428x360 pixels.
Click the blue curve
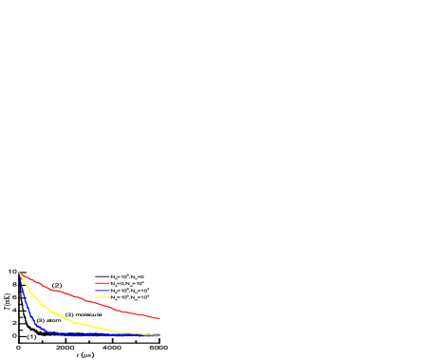point(76,335)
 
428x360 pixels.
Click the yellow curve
point(66,317)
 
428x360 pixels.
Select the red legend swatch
point(102,283)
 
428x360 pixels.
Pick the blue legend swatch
point(102,290)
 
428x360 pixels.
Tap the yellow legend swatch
point(102,297)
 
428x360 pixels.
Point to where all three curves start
point(20,274)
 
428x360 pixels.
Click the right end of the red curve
point(159,318)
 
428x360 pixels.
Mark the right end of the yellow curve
point(159,335)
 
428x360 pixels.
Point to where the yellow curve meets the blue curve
point(133,334)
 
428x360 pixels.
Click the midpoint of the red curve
point(89,300)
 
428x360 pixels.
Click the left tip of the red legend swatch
point(95,283)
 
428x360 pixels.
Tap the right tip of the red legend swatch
point(110,283)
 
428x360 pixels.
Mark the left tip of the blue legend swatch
point(95,290)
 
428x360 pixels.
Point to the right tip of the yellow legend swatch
point(110,297)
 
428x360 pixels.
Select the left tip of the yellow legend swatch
point(95,297)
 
